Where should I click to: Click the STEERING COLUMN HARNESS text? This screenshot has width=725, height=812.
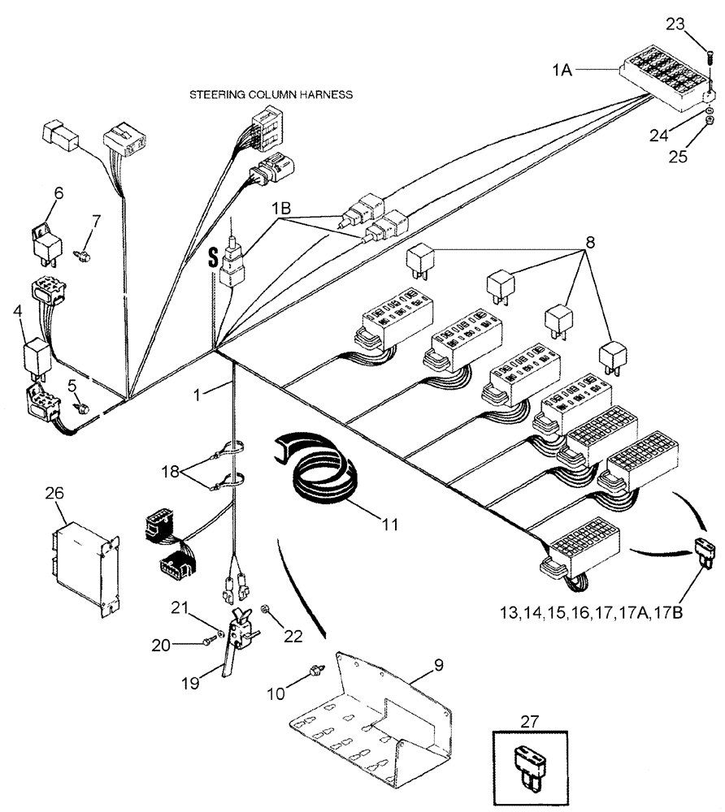coord(271,94)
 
